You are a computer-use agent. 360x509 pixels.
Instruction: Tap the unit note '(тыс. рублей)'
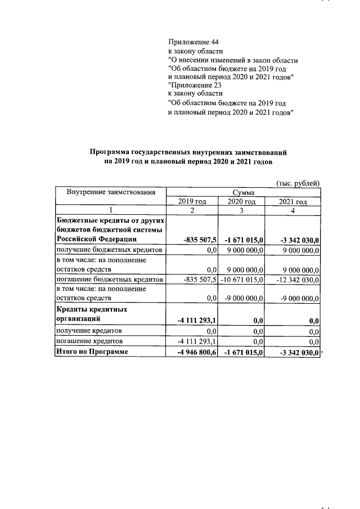(298, 182)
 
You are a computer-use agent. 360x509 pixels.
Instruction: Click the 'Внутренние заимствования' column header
(111, 192)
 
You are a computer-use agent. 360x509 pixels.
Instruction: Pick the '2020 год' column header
(242, 201)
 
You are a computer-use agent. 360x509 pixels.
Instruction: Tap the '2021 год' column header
(293, 201)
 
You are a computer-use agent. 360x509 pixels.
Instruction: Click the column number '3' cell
(242, 210)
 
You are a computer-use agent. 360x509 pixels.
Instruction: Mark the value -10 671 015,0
(242, 280)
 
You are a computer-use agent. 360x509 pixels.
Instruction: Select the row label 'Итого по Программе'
(92, 352)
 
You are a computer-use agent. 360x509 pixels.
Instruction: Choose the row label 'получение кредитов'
(88, 331)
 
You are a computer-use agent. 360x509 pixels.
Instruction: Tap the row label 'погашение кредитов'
(89, 341)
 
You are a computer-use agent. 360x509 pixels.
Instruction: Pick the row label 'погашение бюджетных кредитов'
(109, 280)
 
